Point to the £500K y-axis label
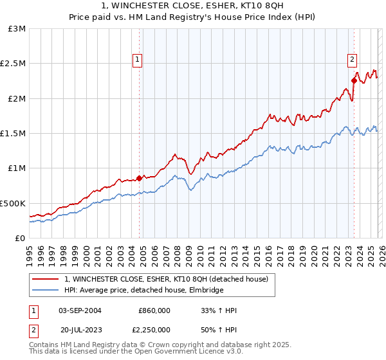click(13, 203)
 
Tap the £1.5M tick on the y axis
click(13, 134)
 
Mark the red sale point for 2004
click(139, 178)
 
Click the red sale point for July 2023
click(354, 81)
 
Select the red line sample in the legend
click(46, 279)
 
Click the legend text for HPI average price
click(143, 291)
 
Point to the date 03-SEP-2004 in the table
click(80, 310)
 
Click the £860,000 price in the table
click(154, 310)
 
